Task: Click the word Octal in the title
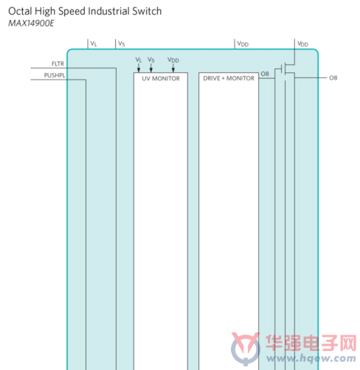[20, 11]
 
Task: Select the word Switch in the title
[147, 11]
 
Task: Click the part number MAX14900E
[31, 24]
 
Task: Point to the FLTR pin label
[58, 64]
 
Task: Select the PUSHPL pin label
[55, 75]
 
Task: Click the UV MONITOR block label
[161, 78]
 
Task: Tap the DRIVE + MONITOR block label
[229, 78]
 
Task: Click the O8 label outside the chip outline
[333, 78]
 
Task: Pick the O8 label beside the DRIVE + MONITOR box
[265, 74]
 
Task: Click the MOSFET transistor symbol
[285, 71]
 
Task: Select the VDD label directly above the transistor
[302, 44]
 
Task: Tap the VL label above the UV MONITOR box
[139, 60]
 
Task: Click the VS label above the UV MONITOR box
[151, 60]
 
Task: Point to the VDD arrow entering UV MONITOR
[173, 68]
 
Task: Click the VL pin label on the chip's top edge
[94, 43]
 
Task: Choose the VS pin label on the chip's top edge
[122, 43]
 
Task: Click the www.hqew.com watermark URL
[311, 358]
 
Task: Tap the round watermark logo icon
[246, 348]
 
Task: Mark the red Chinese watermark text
[311, 343]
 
